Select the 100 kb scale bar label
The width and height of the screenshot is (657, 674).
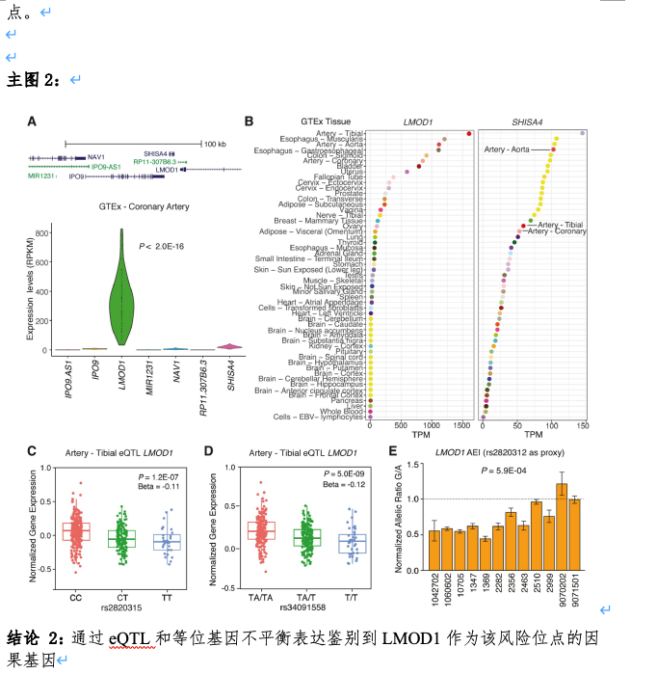215,144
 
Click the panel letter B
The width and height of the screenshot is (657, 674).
250,122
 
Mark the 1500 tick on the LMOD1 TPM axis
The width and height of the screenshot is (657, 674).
460,427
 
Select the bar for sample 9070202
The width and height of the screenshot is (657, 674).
561,521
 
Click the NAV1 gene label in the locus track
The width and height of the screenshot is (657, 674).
96,156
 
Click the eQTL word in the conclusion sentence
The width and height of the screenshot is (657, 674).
125,638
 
